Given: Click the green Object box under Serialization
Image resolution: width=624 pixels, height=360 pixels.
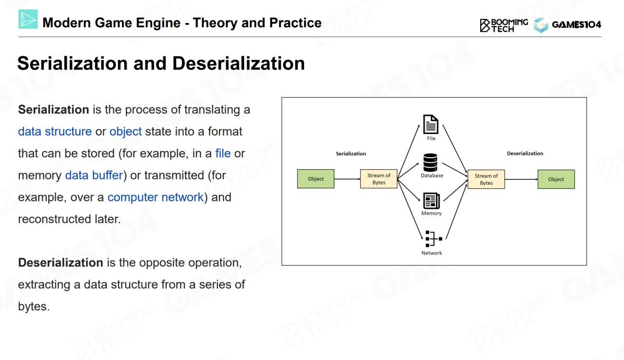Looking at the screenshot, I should coord(316,179).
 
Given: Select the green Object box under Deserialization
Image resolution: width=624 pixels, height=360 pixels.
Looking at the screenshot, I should coord(556,180).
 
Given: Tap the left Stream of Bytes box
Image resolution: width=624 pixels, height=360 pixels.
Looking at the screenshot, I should coord(379,179).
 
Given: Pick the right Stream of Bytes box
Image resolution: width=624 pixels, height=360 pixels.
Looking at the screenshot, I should coord(486,180).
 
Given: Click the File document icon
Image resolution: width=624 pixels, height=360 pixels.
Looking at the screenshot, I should coord(431,124).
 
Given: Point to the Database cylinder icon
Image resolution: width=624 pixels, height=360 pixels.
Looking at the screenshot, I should coord(431,162).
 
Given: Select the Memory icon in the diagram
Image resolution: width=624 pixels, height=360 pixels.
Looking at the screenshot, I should coord(431,200).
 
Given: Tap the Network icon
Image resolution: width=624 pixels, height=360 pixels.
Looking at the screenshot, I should coord(432,239).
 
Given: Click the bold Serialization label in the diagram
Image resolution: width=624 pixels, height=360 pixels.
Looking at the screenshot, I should coord(351,154).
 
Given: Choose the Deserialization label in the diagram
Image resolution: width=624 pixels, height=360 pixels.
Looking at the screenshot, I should coord(525,154).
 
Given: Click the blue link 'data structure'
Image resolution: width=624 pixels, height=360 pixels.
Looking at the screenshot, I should coord(55,132).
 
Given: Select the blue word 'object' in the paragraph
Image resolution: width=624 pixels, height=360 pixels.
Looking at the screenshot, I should coord(125,132).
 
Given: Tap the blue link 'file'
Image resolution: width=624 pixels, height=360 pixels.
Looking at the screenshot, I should coord(223,154).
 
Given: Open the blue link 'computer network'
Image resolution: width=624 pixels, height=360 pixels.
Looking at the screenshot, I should coord(156,198).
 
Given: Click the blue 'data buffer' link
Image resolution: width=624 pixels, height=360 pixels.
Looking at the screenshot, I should coord(94,176).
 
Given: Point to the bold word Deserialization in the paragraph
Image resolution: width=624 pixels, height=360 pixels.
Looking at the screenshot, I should coord(60,263).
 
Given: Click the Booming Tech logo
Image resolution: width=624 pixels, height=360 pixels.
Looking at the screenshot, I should coord(504,25).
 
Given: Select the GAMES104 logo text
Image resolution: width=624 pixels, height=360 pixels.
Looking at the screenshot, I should coord(576,25).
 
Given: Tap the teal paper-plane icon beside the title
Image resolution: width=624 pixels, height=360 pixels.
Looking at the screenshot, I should coord(28,20).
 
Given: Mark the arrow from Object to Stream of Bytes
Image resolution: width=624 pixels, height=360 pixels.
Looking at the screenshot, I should coord(347,179).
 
